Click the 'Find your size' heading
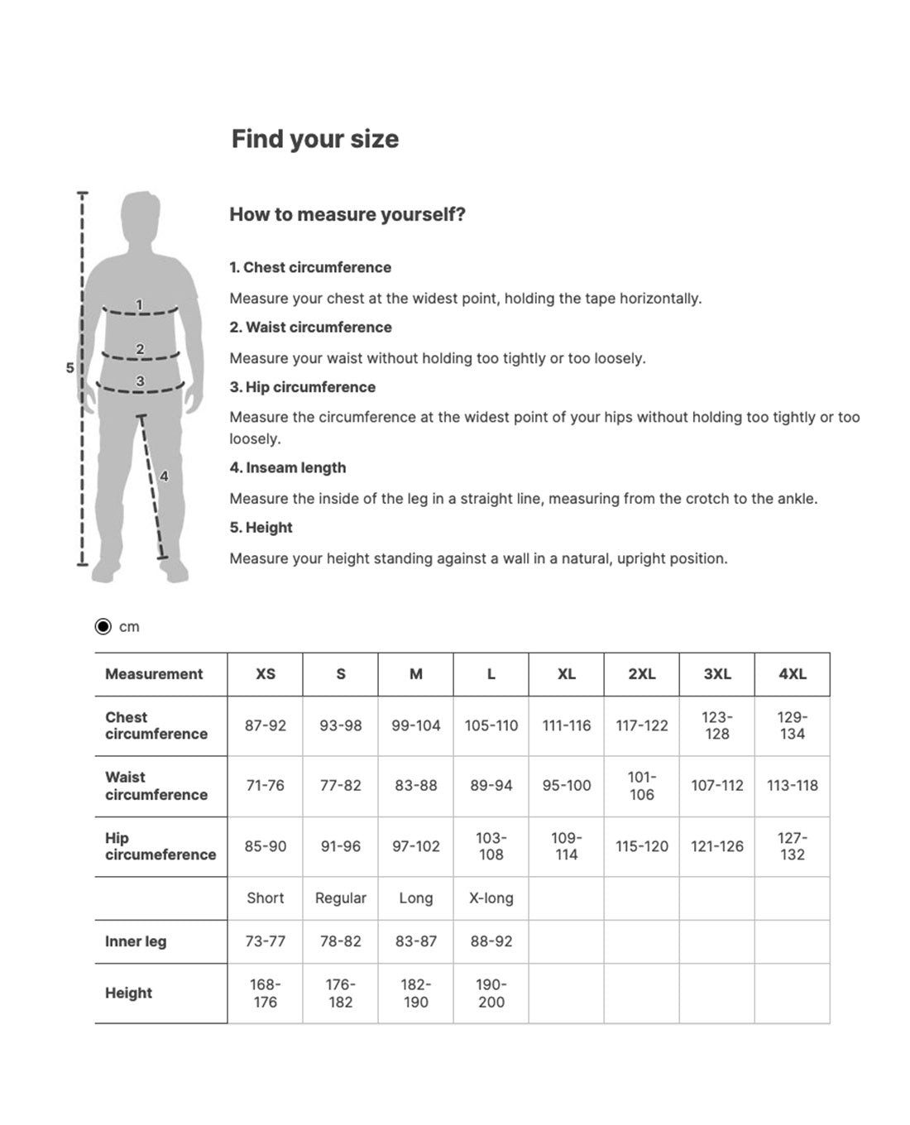coord(314,139)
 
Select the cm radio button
coord(103,626)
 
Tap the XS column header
coord(265,674)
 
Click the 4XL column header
coord(792,674)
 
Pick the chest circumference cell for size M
coord(415,725)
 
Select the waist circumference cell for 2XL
coord(641,786)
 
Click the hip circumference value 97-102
coord(415,846)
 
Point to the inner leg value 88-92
coord(491,941)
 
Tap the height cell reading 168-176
coord(265,993)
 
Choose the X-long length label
coord(491,898)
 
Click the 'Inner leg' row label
coord(136,941)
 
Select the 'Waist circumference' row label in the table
coord(156,786)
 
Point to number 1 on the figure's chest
coord(139,304)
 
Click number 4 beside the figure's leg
coord(164,476)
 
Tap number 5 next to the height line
coord(70,367)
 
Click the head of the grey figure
coord(140,217)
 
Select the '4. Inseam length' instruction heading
coord(288,467)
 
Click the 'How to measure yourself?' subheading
coord(347,214)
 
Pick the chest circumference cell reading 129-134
coord(792,725)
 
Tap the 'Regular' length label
coord(340,898)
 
